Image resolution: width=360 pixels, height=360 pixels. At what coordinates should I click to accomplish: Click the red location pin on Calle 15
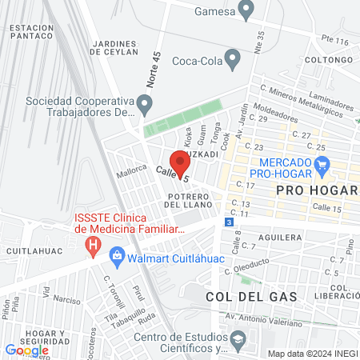tap(181, 163)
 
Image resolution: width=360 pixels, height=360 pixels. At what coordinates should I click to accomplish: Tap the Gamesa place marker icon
tap(246, 10)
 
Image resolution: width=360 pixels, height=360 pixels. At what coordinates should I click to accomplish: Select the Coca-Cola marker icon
tap(233, 58)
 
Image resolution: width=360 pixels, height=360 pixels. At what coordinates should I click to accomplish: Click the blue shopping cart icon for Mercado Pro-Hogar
tap(322, 167)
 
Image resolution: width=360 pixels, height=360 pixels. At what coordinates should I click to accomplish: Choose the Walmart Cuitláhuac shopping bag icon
tap(117, 256)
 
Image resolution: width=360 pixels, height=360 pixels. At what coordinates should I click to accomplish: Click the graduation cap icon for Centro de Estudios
tap(238, 340)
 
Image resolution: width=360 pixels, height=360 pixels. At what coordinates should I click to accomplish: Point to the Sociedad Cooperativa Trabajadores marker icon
tap(145, 102)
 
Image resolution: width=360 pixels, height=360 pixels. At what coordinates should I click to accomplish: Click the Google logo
tap(26, 350)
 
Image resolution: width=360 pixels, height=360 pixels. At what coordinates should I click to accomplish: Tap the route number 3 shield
tap(230, 222)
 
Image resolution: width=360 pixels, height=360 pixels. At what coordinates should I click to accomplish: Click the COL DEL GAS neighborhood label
tap(250, 296)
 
